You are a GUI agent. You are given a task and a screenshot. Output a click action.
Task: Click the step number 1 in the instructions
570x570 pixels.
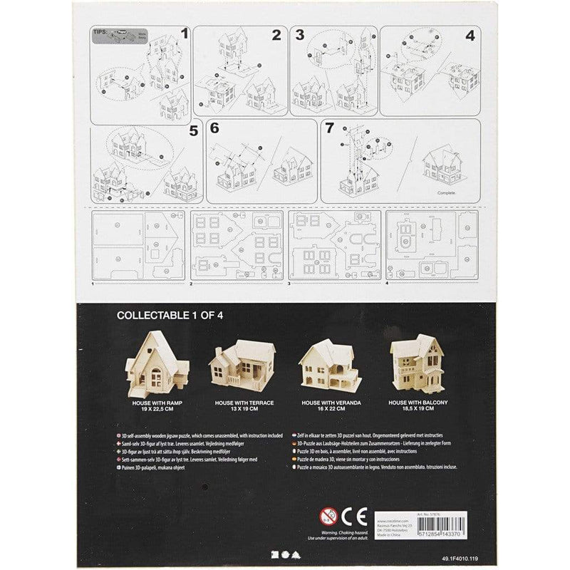pyautogui.click(x=184, y=32)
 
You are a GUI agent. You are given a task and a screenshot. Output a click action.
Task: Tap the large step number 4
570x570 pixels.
pyautogui.click(x=470, y=33)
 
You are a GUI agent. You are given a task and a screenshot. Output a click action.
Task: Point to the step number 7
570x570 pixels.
pyautogui.click(x=328, y=129)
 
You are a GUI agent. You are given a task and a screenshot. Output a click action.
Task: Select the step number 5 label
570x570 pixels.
pyautogui.click(x=193, y=130)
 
